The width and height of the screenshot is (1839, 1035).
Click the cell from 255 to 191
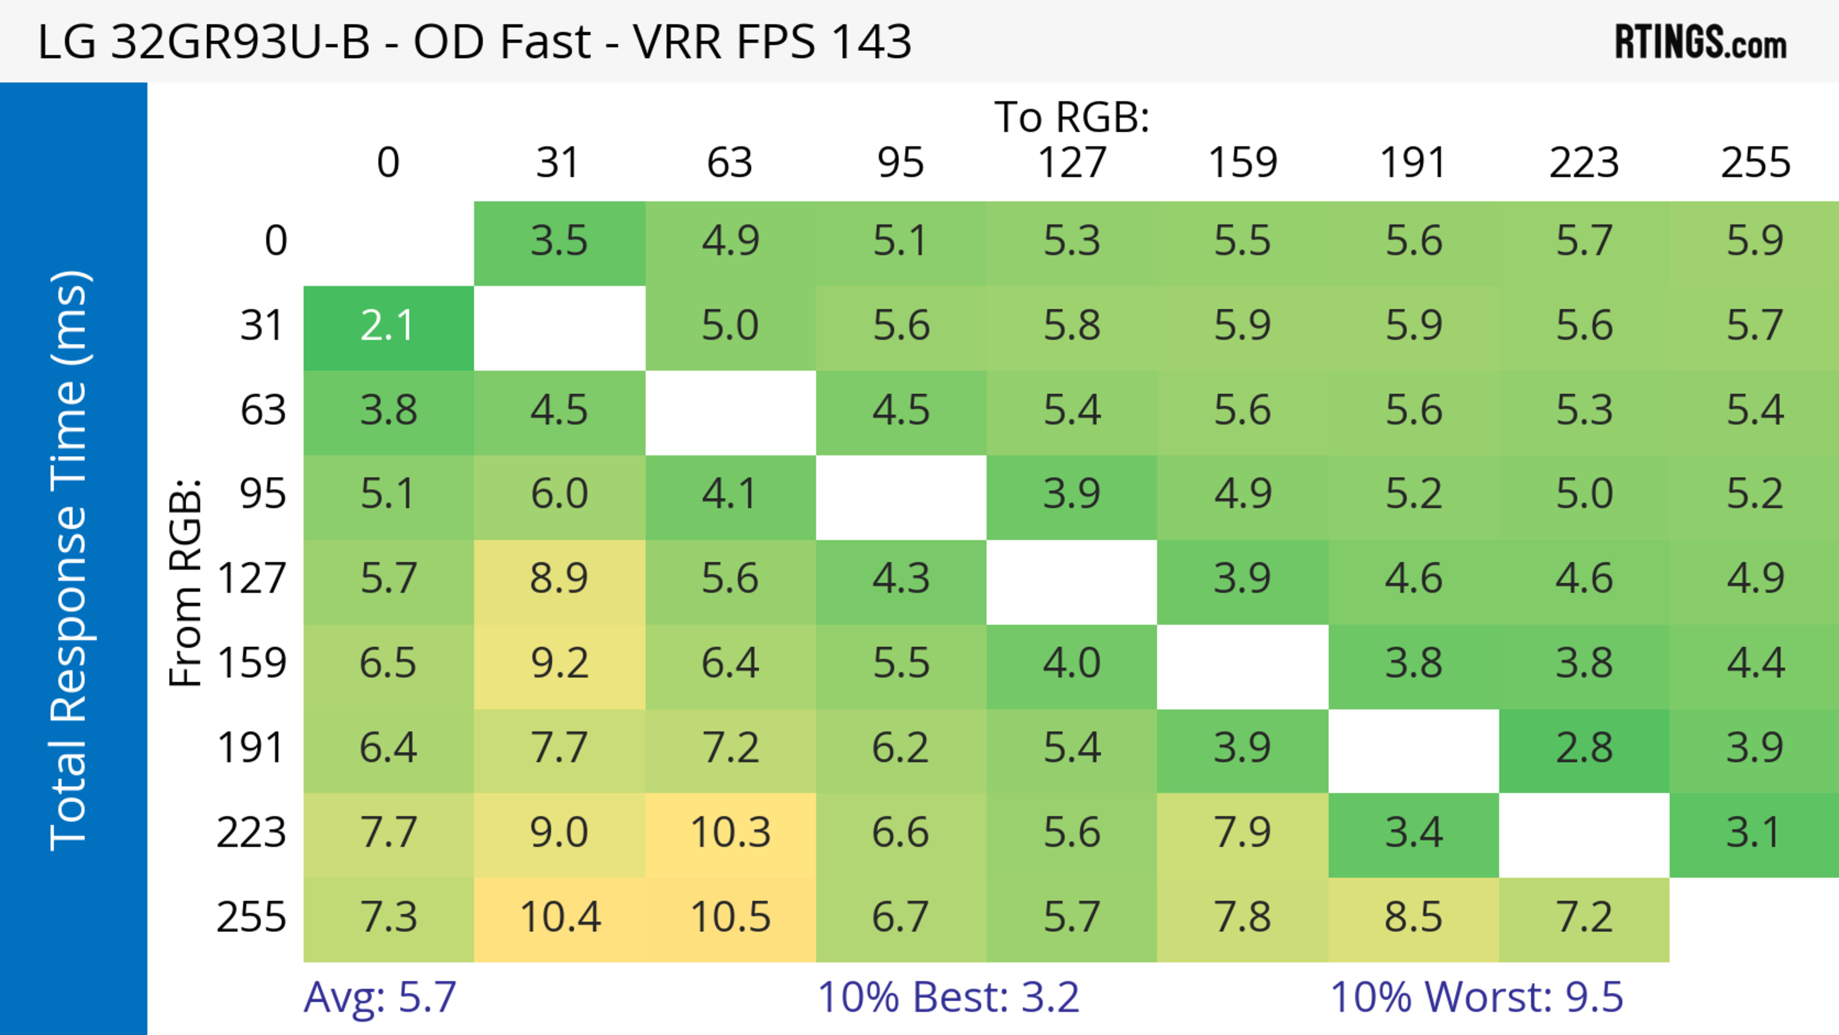[1414, 918]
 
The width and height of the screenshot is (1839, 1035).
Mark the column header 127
[1072, 163]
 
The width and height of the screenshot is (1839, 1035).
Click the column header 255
[1755, 163]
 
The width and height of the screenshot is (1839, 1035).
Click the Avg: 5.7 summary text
[380, 998]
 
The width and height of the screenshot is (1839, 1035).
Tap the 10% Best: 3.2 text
[948, 998]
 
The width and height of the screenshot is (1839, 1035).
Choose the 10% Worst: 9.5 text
[1476, 998]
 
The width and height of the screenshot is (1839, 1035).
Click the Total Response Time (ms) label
[70, 560]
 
